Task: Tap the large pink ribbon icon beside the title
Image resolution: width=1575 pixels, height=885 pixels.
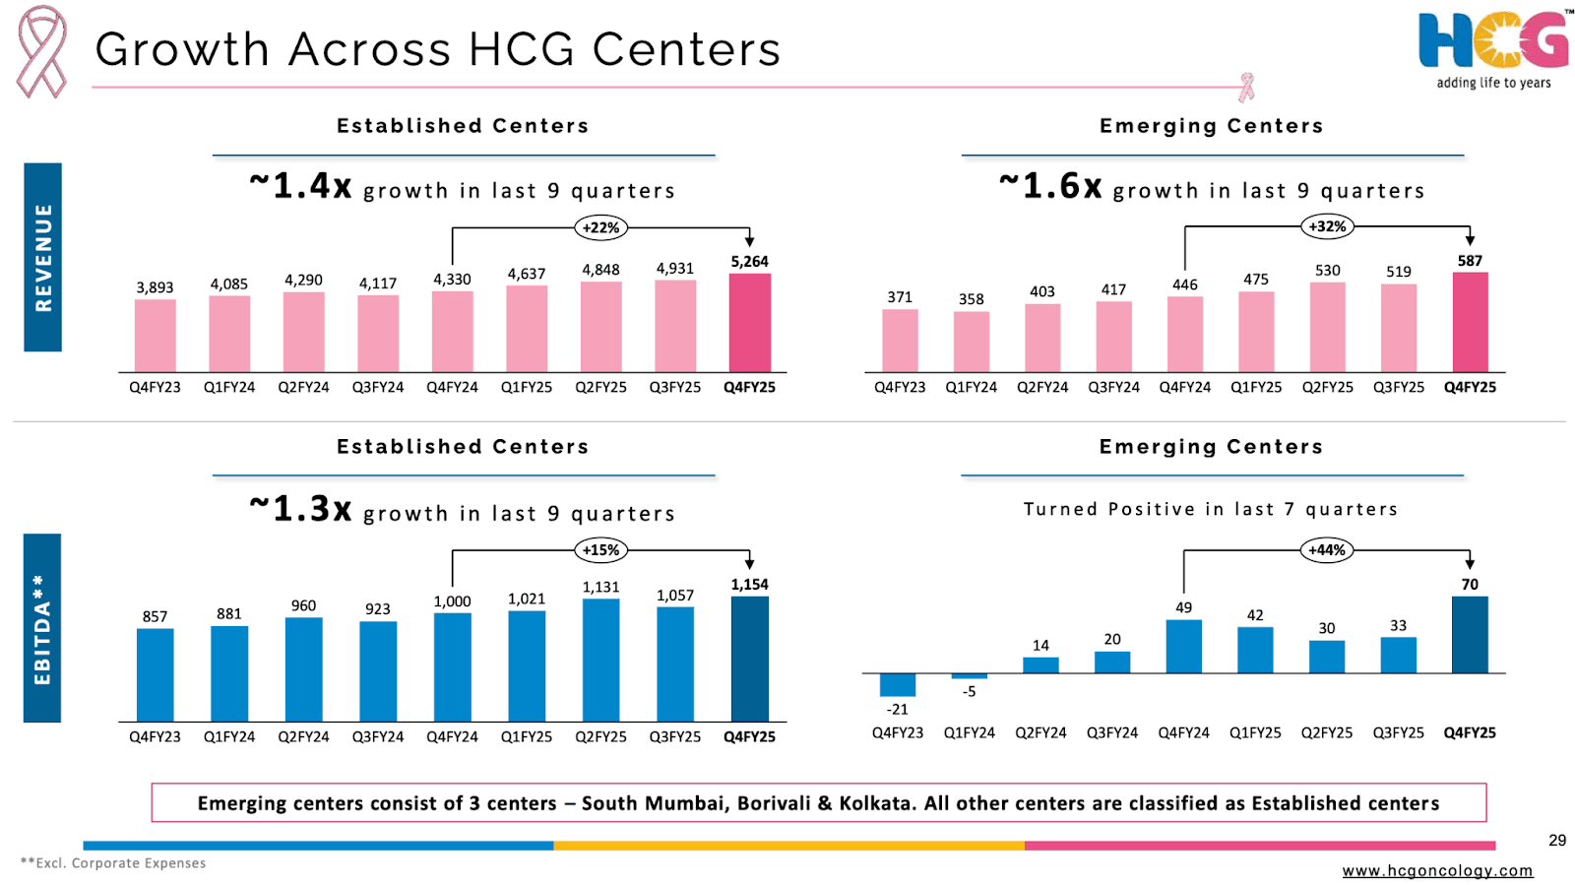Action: (x=41, y=51)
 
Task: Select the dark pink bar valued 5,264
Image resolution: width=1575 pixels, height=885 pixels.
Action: (x=749, y=323)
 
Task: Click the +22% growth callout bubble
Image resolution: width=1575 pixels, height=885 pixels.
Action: (x=600, y=227)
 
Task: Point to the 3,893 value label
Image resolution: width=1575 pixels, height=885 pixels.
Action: (x=155, y=287)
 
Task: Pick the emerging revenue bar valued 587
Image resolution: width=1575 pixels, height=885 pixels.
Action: (x=1470, y=322)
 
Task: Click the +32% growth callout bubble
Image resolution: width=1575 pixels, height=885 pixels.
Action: (x=1327, y=226)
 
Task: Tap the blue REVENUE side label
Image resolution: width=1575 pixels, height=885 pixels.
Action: (x=42, y=257)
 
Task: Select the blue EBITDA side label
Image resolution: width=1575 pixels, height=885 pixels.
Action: (x=42, y=628)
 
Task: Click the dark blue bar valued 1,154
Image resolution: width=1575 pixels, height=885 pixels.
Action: (x=749, y=659)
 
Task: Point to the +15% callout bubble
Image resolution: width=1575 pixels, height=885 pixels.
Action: (x=600, y=550)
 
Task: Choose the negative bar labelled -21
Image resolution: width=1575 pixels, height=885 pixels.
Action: (x=898, y=684)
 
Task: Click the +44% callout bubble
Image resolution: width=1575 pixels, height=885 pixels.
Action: (x=1327, y=550)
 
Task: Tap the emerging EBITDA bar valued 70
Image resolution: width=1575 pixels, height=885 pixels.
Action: (x=1470, y=635)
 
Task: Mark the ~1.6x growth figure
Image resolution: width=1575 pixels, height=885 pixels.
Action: (x=1050, y=186)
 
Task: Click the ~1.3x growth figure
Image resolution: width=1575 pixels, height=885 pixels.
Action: (x=300, y=509)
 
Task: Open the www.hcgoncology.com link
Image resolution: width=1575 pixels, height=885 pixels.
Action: (x=1437, y=870)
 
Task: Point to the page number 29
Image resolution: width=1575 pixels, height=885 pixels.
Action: (x=1556, y=840)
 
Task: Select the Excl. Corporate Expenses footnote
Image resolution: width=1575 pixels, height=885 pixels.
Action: (x=113, y=863)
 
